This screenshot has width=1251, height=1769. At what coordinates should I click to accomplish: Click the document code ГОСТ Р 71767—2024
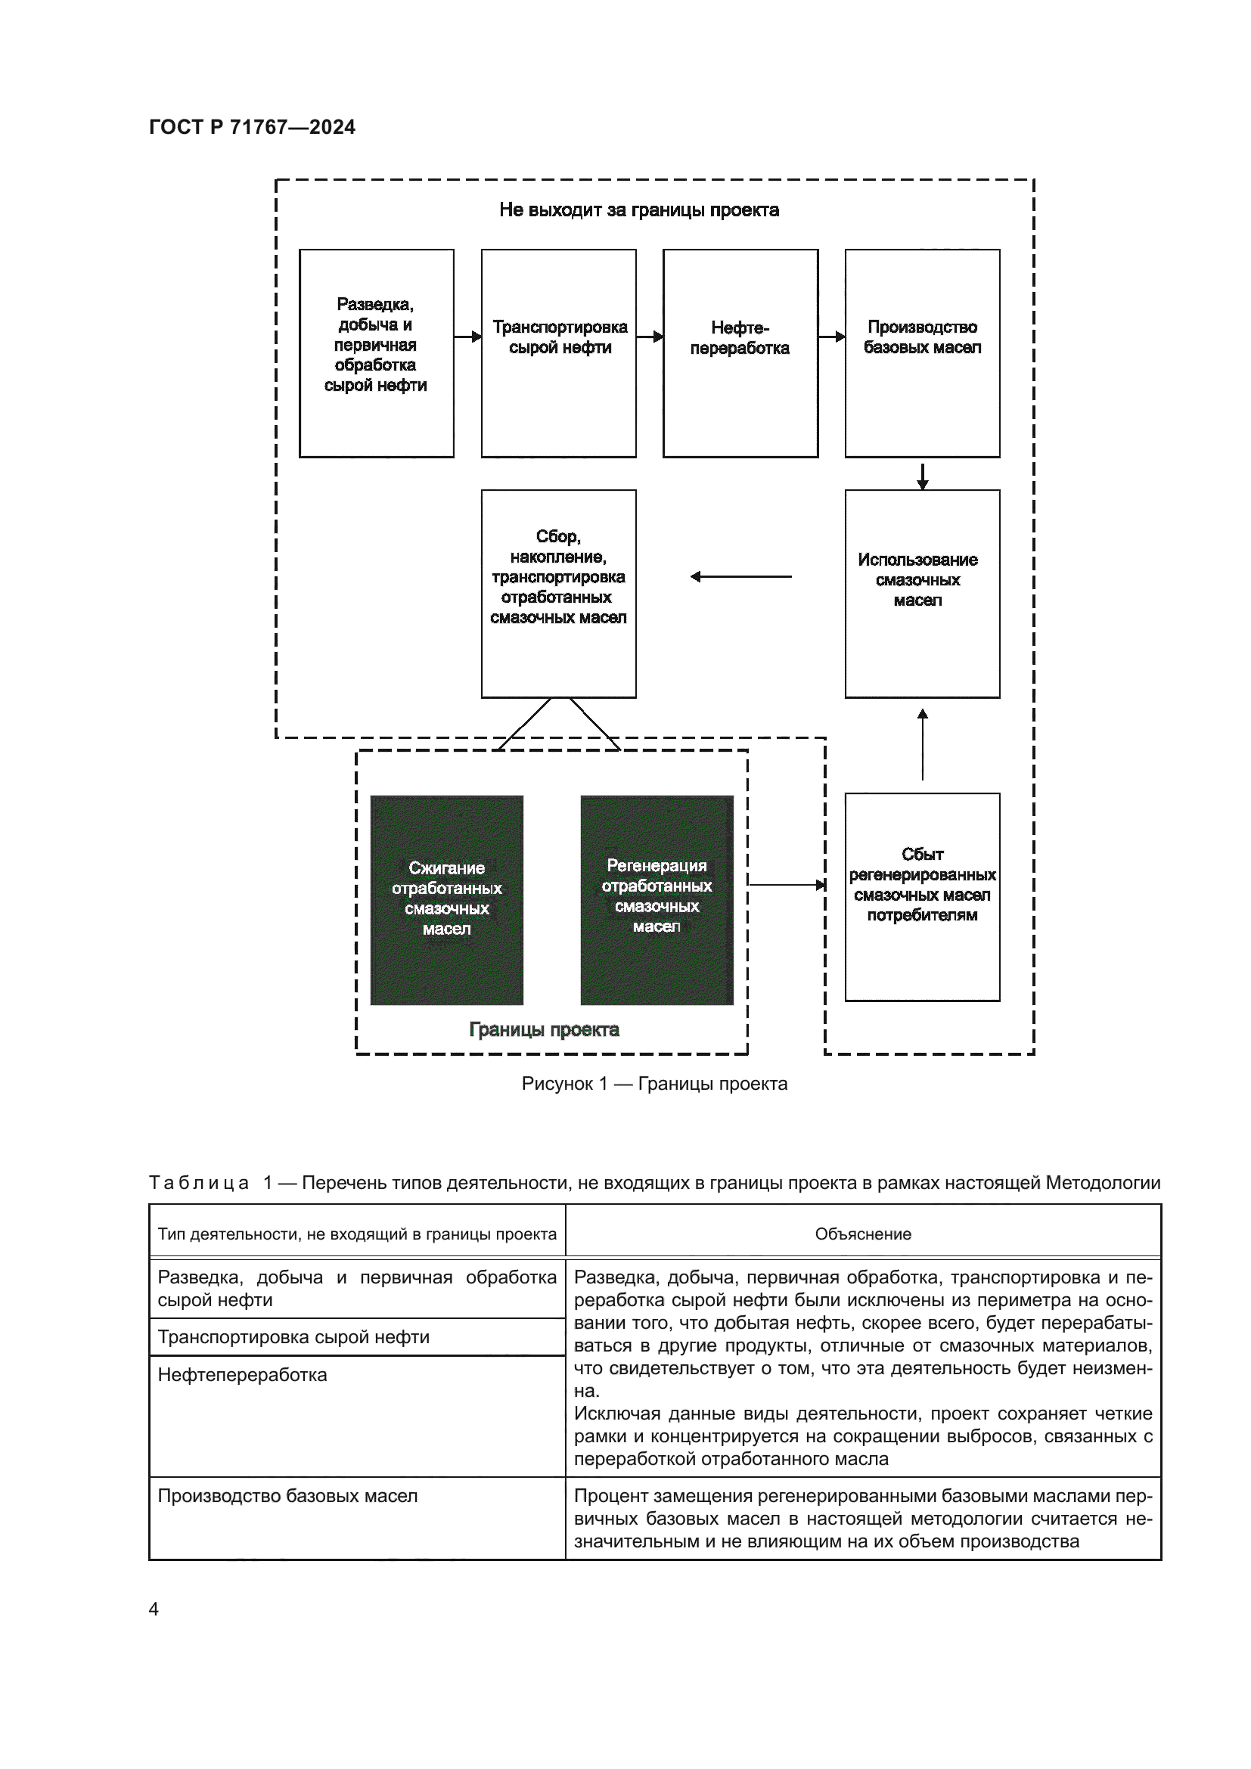pyautogui.click(x=252, y=127)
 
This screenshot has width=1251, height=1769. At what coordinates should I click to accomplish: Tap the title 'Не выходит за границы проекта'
pyautogui.click(x=638, y=210)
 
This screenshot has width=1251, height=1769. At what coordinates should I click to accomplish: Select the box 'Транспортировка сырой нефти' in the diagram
pyautogui.click(x=558, y=353)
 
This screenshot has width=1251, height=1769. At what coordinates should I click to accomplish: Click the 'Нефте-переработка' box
pyautogui.click(x=740, y=353)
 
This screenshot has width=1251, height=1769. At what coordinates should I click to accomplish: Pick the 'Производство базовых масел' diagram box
pyautogui.click(x=922, y=353)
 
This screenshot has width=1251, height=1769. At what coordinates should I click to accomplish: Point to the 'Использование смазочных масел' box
pyautogui.click(x=922, y=593)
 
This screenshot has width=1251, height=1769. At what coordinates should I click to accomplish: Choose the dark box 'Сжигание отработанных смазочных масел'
pyautogui.click(x=447, y=899)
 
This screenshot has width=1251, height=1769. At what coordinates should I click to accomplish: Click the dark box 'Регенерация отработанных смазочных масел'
pyautogui.click(x=657, y=899)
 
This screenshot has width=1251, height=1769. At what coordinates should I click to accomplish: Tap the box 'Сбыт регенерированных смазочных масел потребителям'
pyautogui.click(x=922, y=897)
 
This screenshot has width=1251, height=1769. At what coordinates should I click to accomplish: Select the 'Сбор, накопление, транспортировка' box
pyautogui.click(x=558, y=593)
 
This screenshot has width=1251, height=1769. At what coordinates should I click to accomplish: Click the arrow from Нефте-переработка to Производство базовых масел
pyautogui.click(x=832, y=337)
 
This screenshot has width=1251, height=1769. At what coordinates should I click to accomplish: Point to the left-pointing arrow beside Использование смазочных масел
pyautogui.click(x=740, y=576)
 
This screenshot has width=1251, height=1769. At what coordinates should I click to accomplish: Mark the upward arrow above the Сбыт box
pyautogui.click(x=923, y=744)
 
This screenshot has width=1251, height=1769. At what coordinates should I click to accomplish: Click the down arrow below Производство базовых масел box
pyautogui.click(x=923, y=475)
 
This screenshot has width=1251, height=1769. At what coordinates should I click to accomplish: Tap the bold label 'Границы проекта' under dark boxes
pyautogui.click(x=544, y=1030)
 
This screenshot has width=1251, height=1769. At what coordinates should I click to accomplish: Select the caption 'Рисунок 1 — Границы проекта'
pyautogui.click(x=654, y=1084)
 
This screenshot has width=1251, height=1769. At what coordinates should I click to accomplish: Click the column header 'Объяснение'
pyautogui.click(x=863, y=1234)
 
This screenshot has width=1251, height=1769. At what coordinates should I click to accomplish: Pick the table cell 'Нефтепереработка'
pyautogui.click(x=243, y=1374)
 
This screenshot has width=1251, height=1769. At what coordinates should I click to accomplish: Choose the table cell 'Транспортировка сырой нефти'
pyautogui.click(x=293, y=1336)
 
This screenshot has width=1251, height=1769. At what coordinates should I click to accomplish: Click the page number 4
pyautogui.click(x=154, y=1609)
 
